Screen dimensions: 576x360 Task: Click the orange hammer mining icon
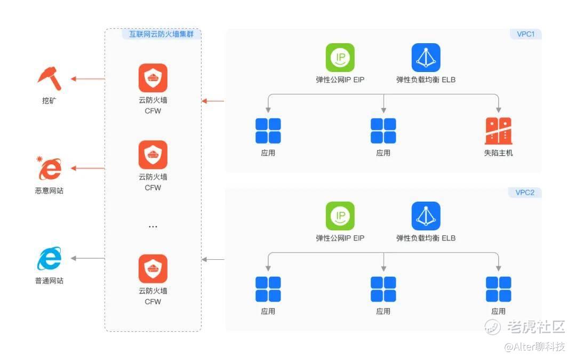click(x=49, y=78)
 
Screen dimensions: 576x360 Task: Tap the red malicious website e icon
click(x=49, y=168)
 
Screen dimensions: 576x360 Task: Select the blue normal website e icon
click(x=49, y=258)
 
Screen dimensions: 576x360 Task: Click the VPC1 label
click(x=526, y=34)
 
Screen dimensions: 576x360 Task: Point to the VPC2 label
click(x=525, y=193)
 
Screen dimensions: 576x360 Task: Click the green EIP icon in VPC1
click(x=340, y=58)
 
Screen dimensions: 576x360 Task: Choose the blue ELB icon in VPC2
click(x=426, y=216)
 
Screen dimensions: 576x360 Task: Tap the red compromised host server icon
click(x=499, y=131)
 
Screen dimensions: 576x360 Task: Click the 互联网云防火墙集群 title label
click(x=161, y=34)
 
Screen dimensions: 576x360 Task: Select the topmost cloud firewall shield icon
click(x=153, y=78)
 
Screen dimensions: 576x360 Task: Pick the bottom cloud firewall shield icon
click(x=153, y=269)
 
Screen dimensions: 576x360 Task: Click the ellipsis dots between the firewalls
click(x=153, y=227)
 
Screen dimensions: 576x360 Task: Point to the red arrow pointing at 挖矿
click(x=88, y=78)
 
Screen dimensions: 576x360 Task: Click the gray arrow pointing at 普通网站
click(x=88, y=258)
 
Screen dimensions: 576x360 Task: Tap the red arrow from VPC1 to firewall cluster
click(x=213, y=101)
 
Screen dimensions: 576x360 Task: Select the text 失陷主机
click(x=499, y=153)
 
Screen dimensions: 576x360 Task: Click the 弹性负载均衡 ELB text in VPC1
click(x=426, y=79)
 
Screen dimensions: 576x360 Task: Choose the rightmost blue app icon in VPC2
click(x=499, y=290)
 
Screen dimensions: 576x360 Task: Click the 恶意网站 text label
click(x=49, y=190)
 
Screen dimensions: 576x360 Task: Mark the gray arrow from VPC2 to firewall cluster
click(x=213, y=259)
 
